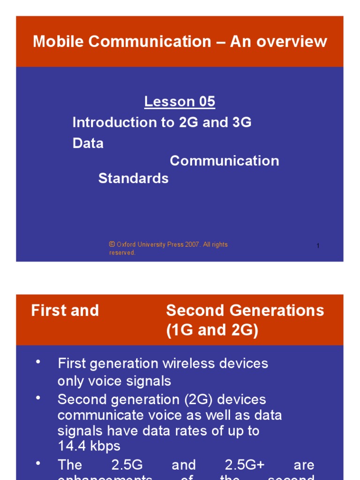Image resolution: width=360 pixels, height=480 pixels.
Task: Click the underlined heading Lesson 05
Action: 180,102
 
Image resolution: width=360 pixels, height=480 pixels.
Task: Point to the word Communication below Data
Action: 224,161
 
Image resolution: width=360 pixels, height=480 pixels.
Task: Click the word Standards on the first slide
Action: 133,178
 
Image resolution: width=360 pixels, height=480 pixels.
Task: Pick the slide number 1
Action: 318,246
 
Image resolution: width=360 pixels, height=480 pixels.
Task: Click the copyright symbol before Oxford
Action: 112,244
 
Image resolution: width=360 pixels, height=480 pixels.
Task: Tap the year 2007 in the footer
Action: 193,245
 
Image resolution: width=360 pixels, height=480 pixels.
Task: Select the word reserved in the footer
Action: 122,253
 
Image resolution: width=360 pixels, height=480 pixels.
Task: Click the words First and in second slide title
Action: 65,310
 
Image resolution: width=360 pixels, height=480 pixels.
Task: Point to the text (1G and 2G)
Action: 212,331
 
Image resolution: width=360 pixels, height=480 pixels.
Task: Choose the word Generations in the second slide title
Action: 280,310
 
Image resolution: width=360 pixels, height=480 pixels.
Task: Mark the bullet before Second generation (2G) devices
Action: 38,398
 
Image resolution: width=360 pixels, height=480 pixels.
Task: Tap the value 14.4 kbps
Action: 89,446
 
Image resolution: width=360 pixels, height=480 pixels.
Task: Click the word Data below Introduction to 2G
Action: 88,143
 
